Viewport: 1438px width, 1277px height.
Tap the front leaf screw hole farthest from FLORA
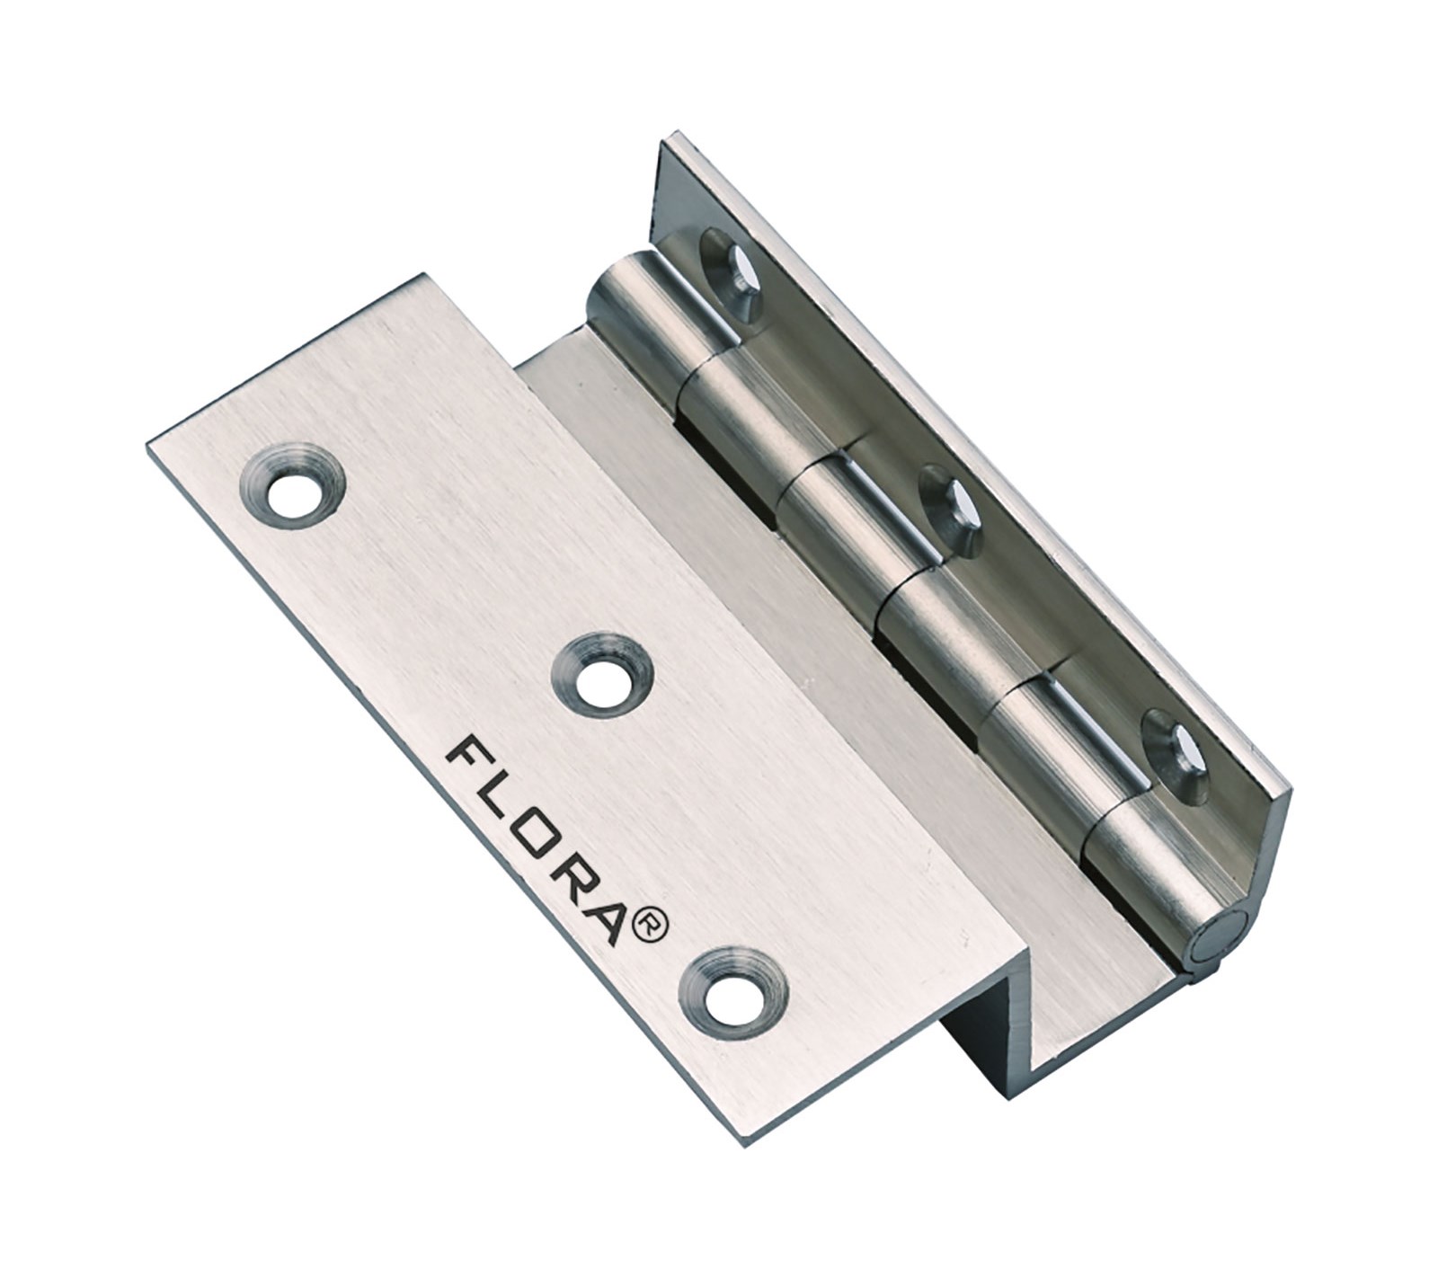[289, 493]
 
